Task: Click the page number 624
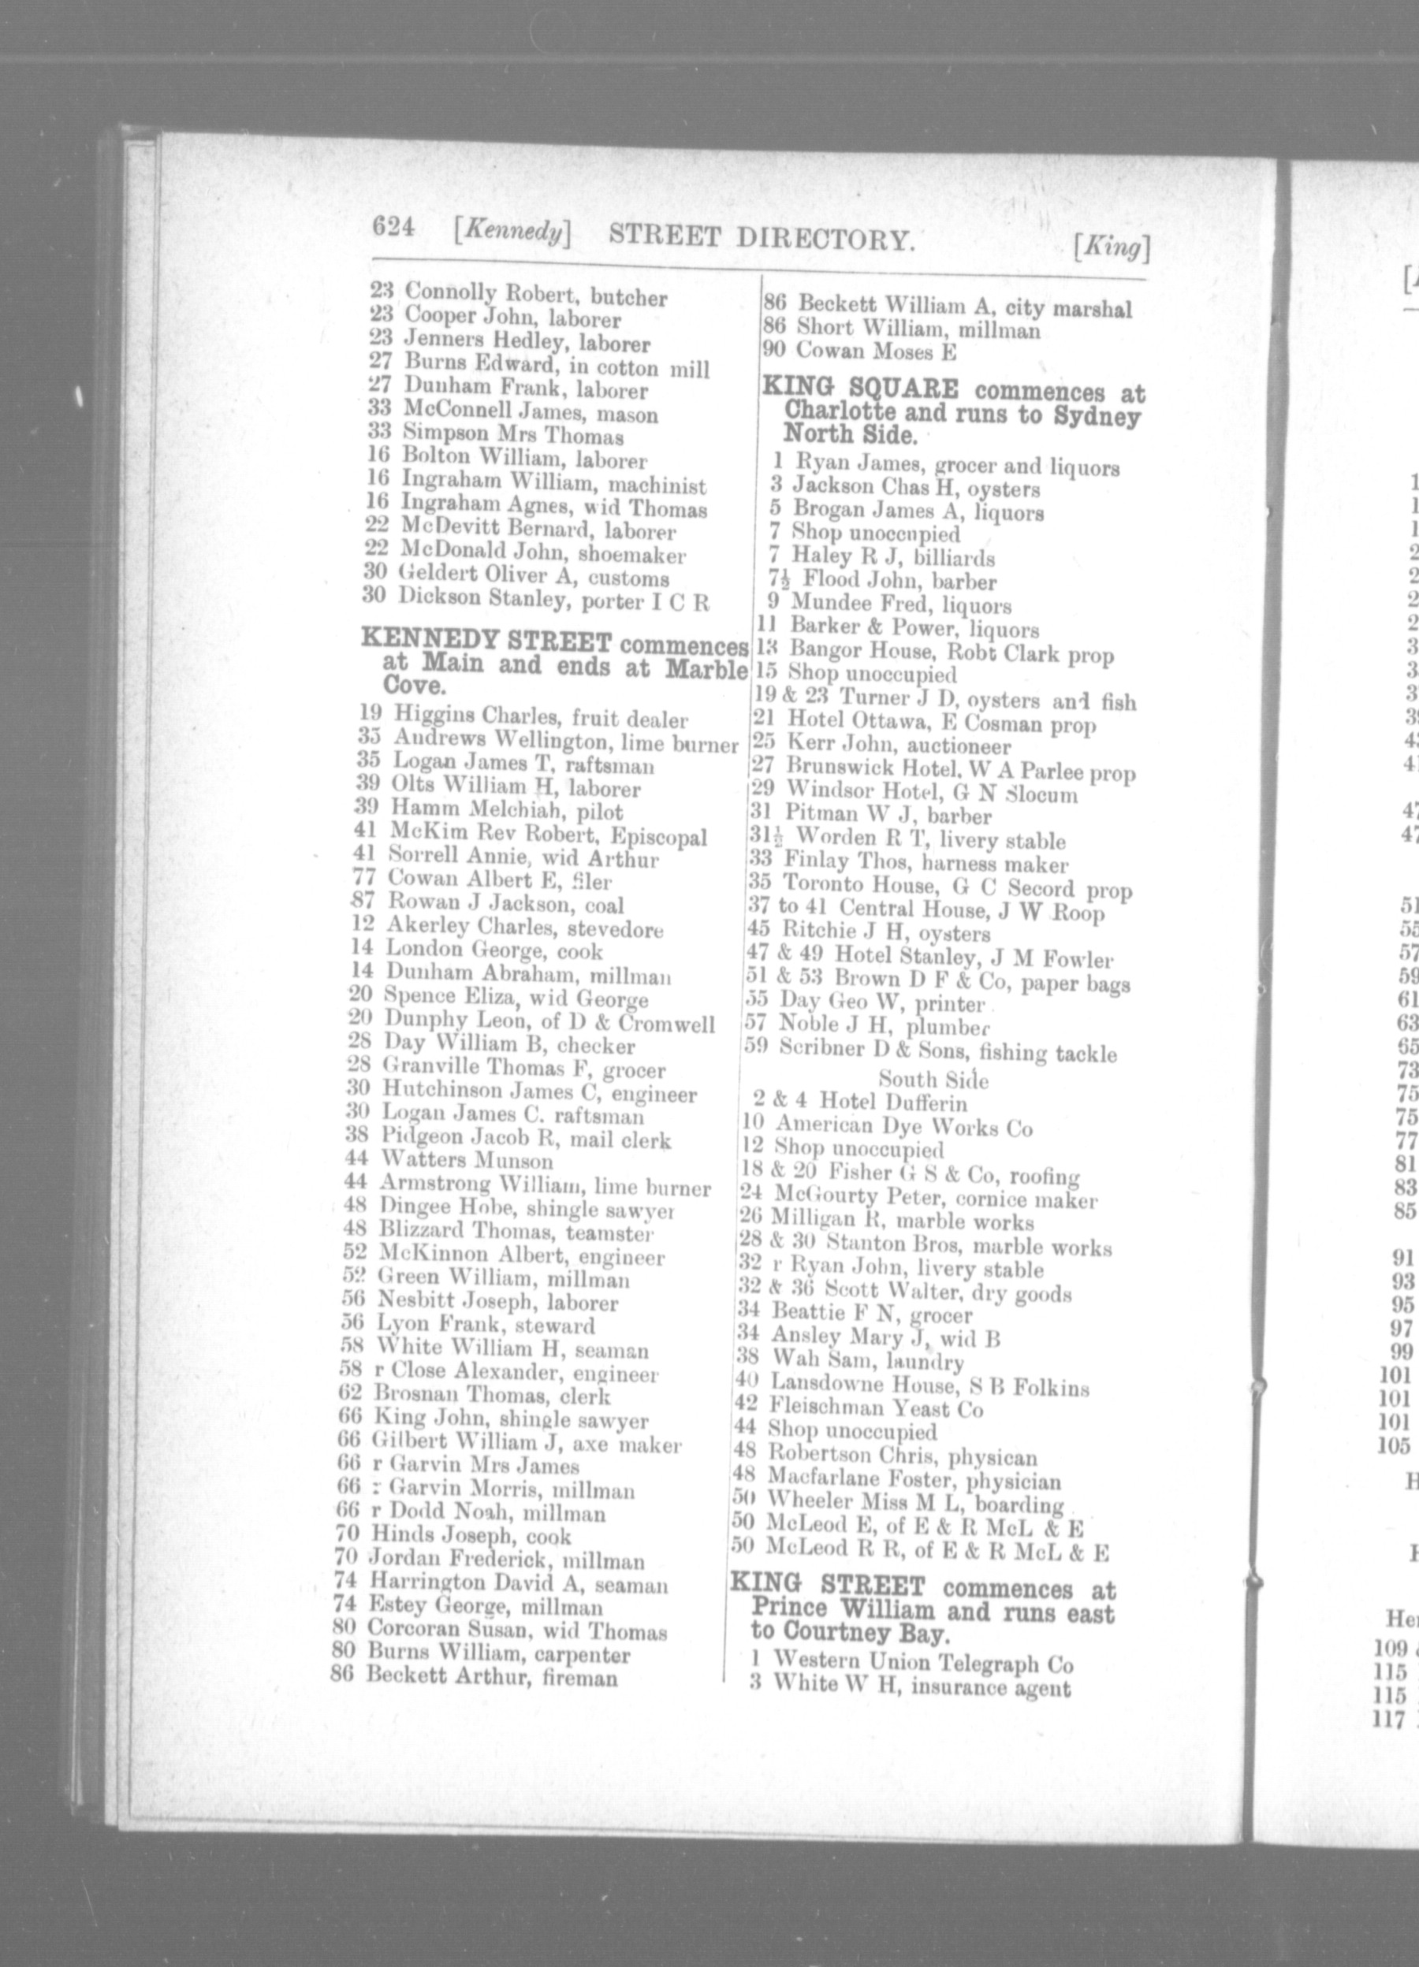395,228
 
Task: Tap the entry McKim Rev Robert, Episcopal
546,836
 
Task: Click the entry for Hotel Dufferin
892,1103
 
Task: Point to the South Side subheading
933,1079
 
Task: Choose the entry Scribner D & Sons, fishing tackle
947,1050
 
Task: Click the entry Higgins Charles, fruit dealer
539,719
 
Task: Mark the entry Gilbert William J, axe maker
526,1444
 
